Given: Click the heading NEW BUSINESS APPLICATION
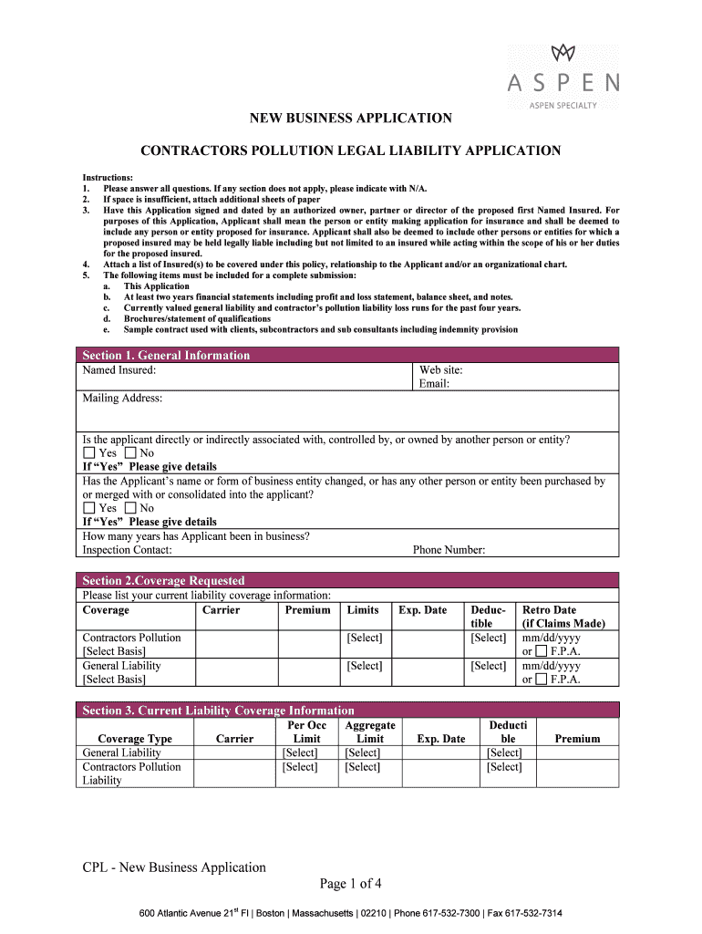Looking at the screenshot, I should (351, 118).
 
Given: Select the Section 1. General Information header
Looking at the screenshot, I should (166, 355).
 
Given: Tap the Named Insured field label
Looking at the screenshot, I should (119, 369).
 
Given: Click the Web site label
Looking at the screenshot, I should (440, 369).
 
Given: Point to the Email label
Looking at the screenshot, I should (434, 383).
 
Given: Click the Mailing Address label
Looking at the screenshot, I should (122, 398).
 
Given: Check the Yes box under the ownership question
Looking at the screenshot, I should (88, 453).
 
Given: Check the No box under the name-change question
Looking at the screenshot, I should (130, 508).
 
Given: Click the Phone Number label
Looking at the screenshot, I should (449, 550).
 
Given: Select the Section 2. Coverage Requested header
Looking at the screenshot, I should (163, 580).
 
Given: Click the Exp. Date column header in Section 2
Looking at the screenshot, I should (422, 609).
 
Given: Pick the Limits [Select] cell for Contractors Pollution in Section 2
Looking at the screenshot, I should (364, 638).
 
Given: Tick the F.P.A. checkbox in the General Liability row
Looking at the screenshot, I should (542, 680).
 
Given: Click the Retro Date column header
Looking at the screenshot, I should (549, 609).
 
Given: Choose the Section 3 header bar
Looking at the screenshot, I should (218, 710).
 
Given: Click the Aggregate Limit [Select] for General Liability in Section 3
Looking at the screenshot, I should (362, 752).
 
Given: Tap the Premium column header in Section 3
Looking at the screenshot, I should (577, 739).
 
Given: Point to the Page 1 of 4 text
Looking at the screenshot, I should (350, 883).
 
